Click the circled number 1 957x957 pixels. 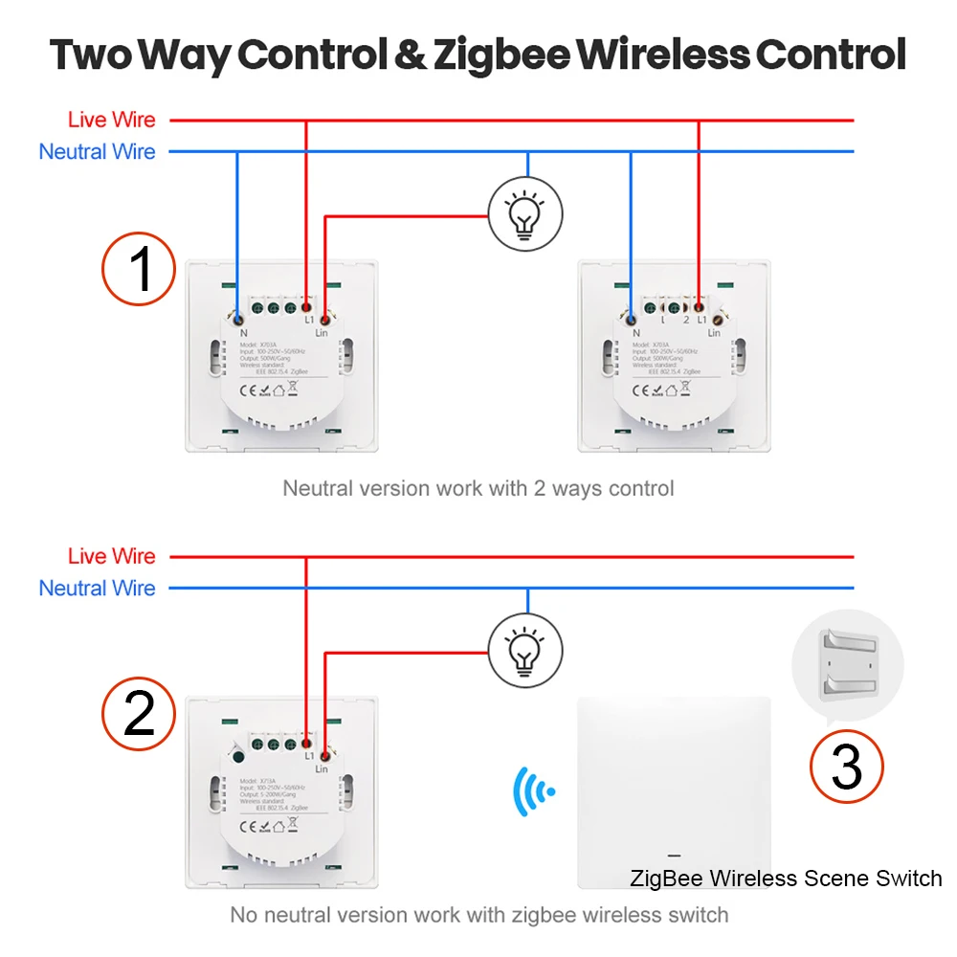[140, 269]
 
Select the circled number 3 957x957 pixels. [847, 766]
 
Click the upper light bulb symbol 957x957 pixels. [524, 213]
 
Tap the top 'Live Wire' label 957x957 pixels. [111, 121]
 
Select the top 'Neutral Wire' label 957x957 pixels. [97, 151]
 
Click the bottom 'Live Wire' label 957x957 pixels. [111, 556]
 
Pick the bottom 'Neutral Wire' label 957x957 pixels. [97, 588]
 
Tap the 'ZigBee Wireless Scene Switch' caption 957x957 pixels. [786, 878]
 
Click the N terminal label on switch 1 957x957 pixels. [243, 332]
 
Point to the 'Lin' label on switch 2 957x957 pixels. [321, 768]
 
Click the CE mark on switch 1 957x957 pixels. [244, 389]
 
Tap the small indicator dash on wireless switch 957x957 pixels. [674, 855]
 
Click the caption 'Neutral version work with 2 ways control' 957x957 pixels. [478, 488]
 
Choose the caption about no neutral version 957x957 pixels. [478, 915]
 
